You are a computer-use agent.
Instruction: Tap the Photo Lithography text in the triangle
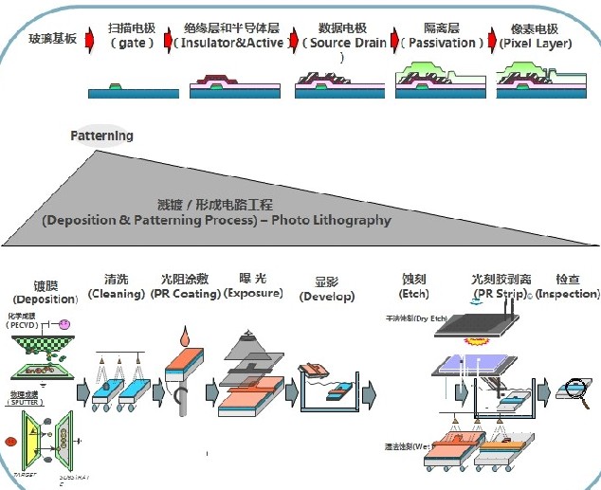331,220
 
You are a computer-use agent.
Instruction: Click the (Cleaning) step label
116,294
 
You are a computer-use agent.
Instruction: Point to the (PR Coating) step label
185,294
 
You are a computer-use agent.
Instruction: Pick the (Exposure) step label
253,294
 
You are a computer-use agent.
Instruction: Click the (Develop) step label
327,297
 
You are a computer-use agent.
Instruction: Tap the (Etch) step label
415,294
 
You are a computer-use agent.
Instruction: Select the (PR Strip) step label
500,295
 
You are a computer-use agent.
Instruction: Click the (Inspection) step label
568,294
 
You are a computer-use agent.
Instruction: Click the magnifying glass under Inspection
574,386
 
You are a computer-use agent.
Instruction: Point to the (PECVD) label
23,325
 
